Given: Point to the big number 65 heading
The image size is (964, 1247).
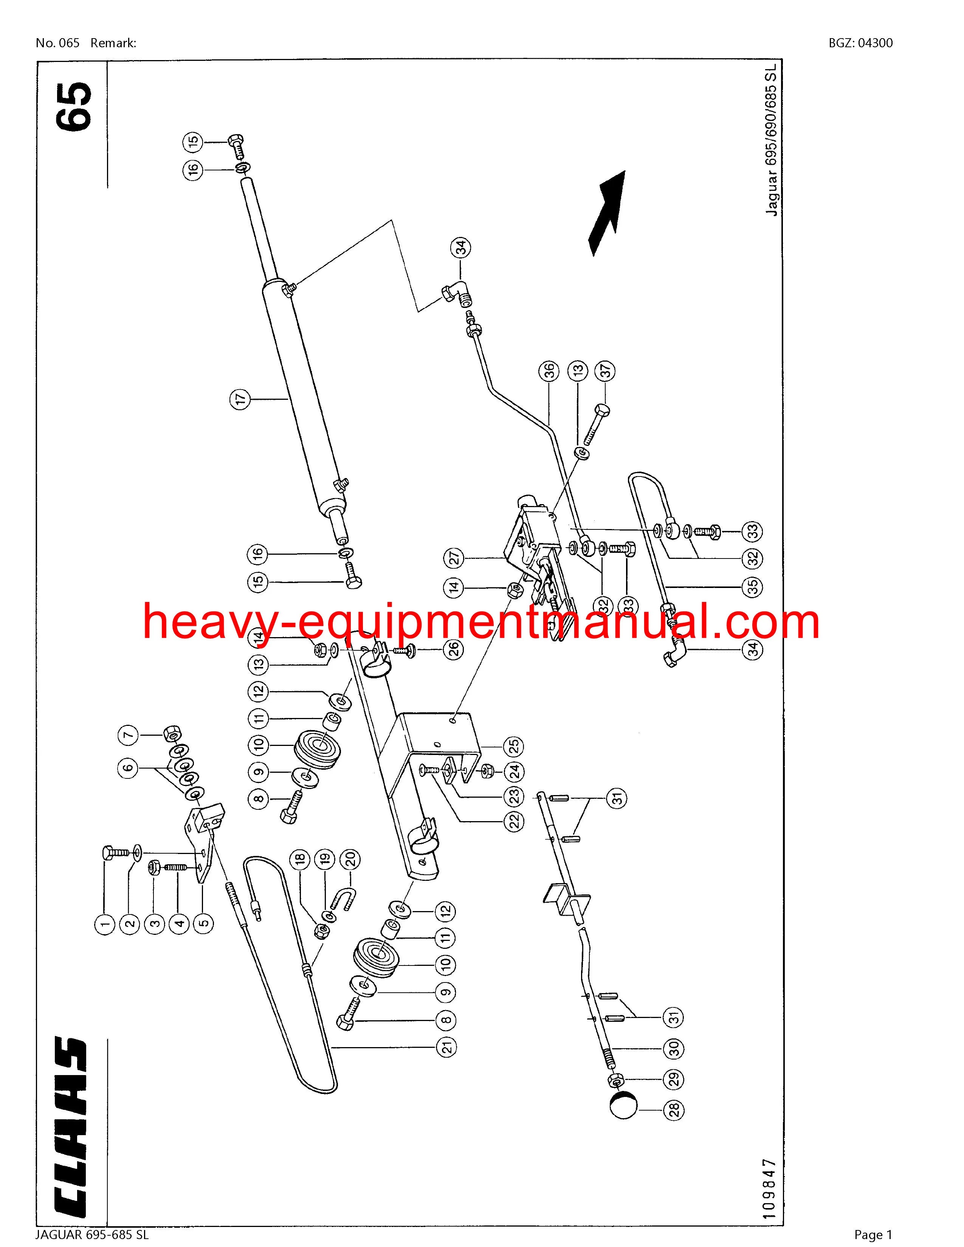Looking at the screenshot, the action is click(x=74, y=107).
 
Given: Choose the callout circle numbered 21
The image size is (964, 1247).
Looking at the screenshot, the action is click(x=446, y=1047).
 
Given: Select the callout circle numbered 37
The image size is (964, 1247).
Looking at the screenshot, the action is click(x=605, y=371).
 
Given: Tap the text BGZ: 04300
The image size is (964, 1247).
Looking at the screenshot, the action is click(x=861, y=43).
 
